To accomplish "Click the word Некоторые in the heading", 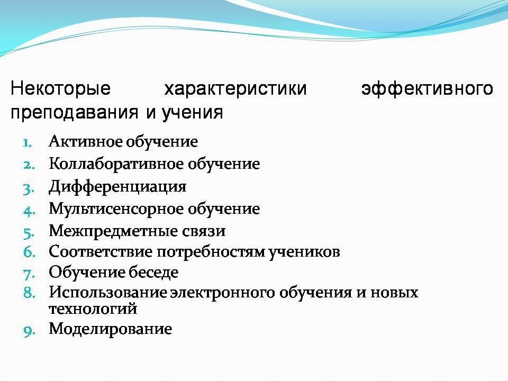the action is [x=60, y=88].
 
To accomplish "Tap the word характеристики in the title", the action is [x=235, y=88].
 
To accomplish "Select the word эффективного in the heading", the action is [x=428, y=88].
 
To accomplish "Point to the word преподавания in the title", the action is [x=75, y=113].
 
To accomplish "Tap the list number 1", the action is [x=28, y=143].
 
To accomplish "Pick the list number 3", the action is [x=29, y=189].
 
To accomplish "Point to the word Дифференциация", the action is [x=117, y=187].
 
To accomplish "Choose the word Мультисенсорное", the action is [x=116, y=208].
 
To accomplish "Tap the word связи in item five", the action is [x=203, y=231].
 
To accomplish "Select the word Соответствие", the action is [x=101, y=252].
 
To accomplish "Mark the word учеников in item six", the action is [x=304, y=252].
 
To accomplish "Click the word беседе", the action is [x=153, y=273].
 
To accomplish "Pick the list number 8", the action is [x=29, y=293].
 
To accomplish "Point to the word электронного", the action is [x=223, y=293].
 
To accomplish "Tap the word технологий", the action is [x=93, y=309].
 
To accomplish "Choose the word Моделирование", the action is [x=111, y=329].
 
